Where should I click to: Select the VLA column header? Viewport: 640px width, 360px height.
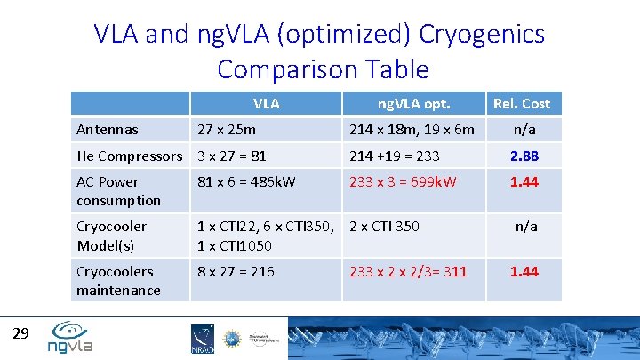(x=266, y=104)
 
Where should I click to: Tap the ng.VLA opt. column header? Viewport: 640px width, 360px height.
(x=413, y=104)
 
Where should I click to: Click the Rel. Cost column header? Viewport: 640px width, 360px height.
(x=522, y=104)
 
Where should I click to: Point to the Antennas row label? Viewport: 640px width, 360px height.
(x=108, y=130)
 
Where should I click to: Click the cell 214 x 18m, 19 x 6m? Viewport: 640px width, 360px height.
(x=412, y=130)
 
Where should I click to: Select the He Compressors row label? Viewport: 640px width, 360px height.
(x=129, y=156)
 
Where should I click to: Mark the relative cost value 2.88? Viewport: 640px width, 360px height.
(x=524, y=156)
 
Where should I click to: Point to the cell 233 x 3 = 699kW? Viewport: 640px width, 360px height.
(x=403, y=182)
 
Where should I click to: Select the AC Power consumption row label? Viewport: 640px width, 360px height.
(x=119, y=191)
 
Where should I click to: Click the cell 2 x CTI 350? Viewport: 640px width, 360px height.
(x=385, y=227)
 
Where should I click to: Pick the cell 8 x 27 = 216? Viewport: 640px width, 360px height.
(x=236, y=272)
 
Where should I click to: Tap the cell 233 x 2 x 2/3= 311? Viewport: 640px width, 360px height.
(x=408, y=272)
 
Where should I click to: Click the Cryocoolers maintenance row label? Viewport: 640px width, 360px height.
(x=119, y=281)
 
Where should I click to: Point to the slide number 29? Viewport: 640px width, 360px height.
(x=22, y=333)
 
